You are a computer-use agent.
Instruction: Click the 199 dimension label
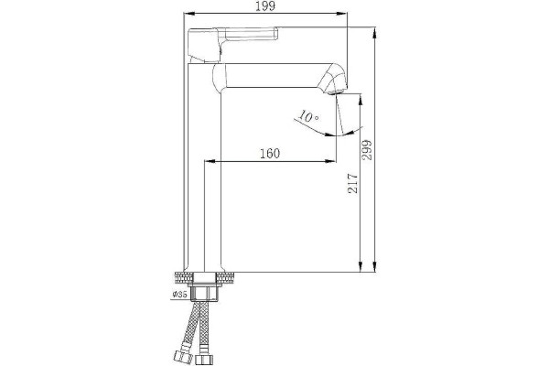tap(265, 6)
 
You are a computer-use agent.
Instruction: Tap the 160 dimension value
tap(270, 153)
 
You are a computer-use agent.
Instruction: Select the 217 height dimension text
tap(353, 183)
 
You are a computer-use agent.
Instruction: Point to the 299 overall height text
tap(367, 150)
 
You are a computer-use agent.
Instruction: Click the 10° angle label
tap(309, 116)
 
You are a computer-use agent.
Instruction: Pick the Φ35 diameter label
tap(179, 295)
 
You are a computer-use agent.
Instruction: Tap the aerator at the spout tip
tap(335, 92)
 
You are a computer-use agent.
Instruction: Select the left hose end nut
tap(182, 357)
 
